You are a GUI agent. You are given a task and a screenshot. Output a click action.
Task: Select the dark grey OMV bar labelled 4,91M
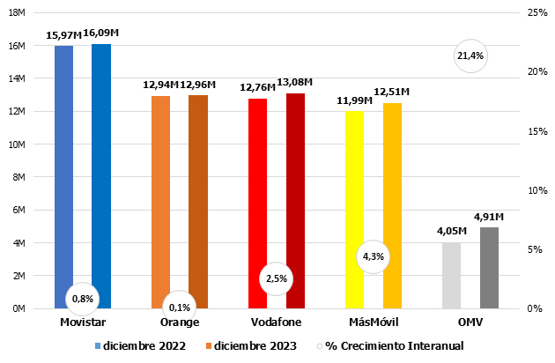[489, 268]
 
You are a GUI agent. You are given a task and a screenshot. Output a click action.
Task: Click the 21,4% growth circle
[471, 56]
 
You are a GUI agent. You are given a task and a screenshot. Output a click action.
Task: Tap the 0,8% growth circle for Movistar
[82, 298]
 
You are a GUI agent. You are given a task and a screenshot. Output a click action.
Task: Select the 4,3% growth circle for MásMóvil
[374, 257]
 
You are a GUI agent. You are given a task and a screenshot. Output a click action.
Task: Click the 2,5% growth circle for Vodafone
[276, 278]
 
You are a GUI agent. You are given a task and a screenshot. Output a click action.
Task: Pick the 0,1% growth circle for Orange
[179, 307]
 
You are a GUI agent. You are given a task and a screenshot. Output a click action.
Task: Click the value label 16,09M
[101, 33]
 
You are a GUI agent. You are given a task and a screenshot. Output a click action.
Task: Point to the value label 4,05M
[451, 233]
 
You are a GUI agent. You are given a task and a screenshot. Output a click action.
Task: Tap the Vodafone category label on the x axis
[276, 323]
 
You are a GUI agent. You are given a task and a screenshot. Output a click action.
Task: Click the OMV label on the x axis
[470, 323]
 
